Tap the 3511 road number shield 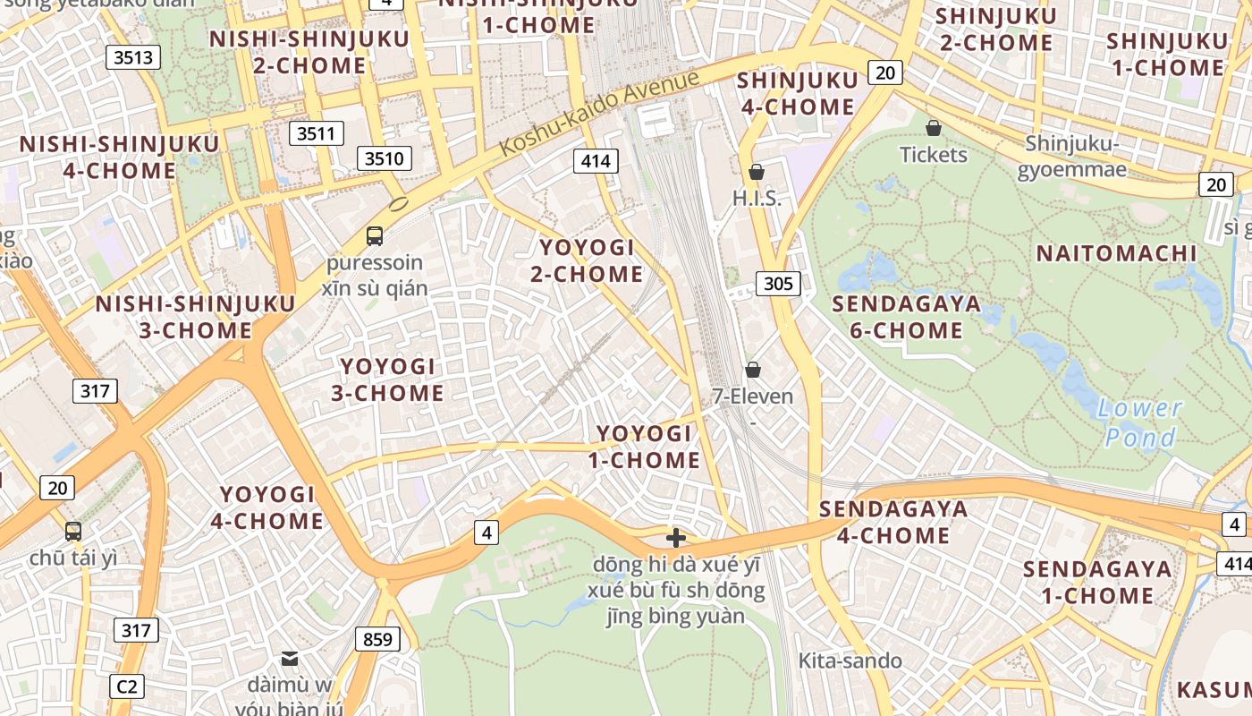[317, 134]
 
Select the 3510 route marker [385, 159]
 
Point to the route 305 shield [778, 285]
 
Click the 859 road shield [377, 640]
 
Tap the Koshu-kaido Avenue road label [598, 113]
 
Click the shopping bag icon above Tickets [934, 128]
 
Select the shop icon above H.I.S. [757, 172]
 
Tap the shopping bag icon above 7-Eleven [753, 370]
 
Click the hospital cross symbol [676, 538]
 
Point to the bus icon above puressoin [375, 236]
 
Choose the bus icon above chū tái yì [73, 531]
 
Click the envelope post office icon [290, 659]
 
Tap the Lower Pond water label [1139, 423]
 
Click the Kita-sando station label [850, 661]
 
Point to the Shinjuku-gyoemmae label [1071, 157]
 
